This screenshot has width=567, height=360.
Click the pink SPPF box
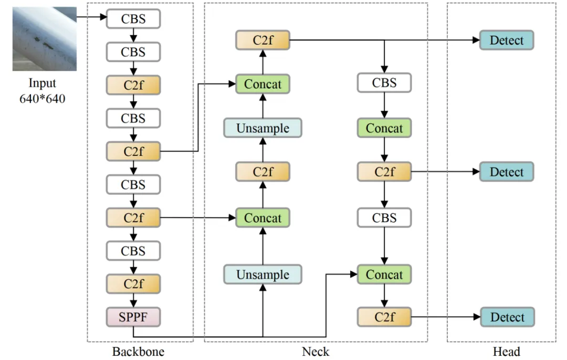tap(133, 317)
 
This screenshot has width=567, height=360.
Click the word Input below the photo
tap(42, 83)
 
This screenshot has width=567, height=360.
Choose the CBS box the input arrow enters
tap(133, 19)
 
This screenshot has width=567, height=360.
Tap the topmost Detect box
tap(507, 40)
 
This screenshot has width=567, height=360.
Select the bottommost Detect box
tap(507, 317)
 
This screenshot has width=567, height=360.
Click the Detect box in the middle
tap(507, 172)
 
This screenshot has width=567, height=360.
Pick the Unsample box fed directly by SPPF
tap(262, 274)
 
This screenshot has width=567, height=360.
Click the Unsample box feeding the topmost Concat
tap(262, 128)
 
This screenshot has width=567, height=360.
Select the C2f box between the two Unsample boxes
tap(262, 172)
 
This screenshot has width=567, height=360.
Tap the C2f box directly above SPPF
tap(133, 283)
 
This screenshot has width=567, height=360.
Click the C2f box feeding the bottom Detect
tap(384, 317)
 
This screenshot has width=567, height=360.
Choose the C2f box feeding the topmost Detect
tap(262, 40)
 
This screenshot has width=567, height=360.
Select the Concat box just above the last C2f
tap(384, 274)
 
